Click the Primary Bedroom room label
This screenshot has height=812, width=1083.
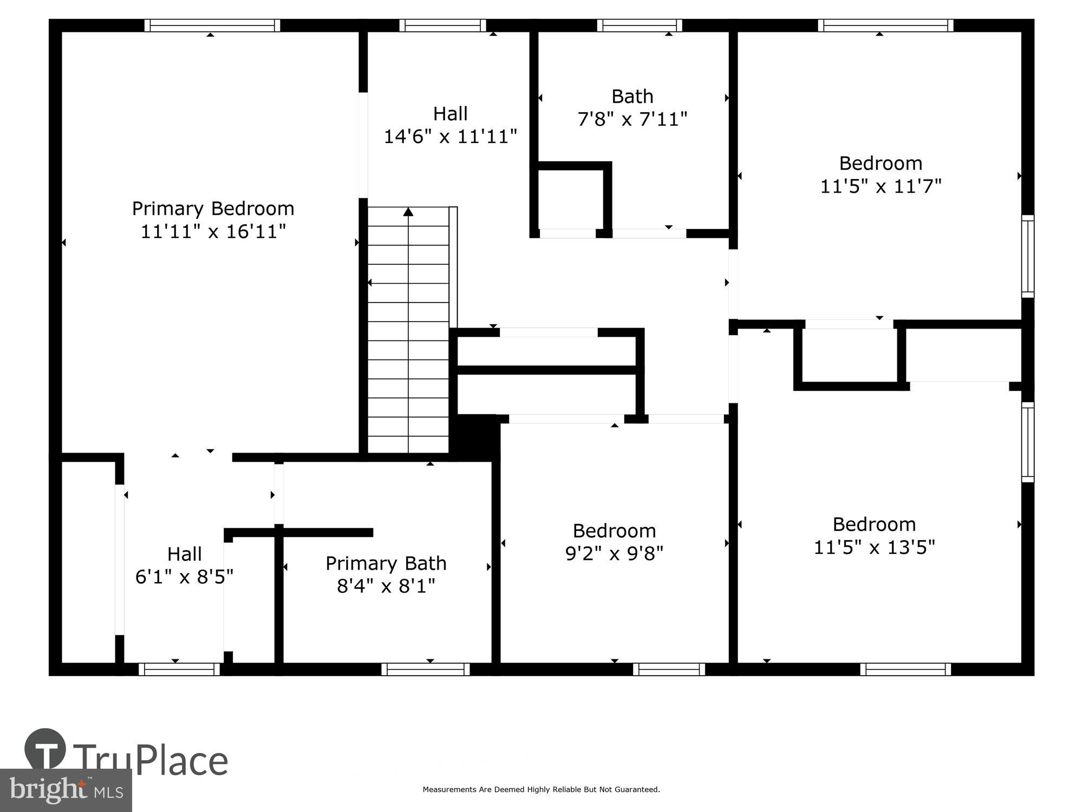click(213, 208)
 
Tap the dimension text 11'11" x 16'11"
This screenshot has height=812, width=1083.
click(213, 232)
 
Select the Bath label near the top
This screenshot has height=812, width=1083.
click(632, 96)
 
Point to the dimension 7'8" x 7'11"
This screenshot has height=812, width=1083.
click(632, 119)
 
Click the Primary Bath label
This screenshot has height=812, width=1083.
click(386, 564)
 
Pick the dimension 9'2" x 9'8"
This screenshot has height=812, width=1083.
click(614, 553)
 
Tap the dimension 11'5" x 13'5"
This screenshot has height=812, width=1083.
click(874, 547)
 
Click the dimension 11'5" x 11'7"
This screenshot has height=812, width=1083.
click(880, 186)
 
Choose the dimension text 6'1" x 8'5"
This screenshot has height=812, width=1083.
click(184, 577)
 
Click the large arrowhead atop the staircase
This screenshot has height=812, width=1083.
click(408, 212)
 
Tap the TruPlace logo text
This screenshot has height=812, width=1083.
click(150, 760)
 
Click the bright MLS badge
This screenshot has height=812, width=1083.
click(66, 790)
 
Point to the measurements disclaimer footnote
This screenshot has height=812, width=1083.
click(541, 790)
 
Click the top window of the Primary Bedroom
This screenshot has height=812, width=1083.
click(212, 25)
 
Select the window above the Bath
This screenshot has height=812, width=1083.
click(640, 25)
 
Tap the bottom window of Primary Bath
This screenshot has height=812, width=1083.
click(426, 670)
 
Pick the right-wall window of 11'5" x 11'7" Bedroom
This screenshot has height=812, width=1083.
click(1027, 256)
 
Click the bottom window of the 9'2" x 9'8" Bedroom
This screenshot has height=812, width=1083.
click(669, 670)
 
